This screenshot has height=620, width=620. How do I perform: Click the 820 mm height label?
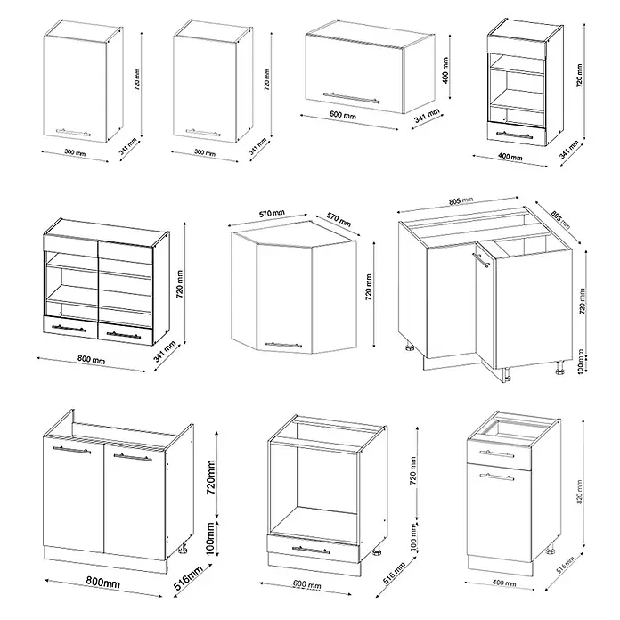579,492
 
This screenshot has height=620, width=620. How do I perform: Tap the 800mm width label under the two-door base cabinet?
102,582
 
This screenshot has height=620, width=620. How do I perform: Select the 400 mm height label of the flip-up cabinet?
445,70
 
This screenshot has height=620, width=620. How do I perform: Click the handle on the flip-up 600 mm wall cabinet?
351,97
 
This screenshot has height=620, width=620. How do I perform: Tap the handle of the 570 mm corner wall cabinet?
283,346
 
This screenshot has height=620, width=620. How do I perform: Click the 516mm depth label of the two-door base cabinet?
188,578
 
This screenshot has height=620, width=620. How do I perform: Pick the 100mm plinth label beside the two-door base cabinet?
210,538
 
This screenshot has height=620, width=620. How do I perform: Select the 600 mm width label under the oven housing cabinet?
307,584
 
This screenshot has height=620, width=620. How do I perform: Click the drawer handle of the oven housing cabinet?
311,550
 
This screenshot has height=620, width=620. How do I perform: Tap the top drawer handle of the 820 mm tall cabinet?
497,453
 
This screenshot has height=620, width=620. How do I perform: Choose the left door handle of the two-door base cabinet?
71,450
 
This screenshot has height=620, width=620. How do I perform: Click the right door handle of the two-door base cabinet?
133,458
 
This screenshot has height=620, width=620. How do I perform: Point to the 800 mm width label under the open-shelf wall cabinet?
92,359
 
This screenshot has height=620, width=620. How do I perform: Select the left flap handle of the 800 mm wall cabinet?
69,328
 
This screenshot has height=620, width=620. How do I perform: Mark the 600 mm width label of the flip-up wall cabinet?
343,115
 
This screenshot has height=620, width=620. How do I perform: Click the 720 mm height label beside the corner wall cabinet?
369,288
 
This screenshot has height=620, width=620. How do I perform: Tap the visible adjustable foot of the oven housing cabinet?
377,551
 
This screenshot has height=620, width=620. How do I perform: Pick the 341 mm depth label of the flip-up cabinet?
428,116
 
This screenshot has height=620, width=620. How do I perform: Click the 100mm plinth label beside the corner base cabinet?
581,362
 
